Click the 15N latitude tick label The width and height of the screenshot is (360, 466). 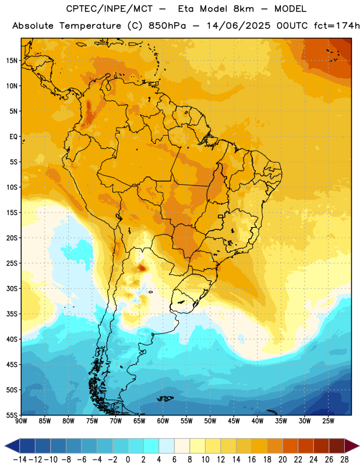[x=12, y=61]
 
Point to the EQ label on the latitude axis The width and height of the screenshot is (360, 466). [x=13, y=137]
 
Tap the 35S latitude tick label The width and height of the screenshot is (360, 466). [x=12, y=314]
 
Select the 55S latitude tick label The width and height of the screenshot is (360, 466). [x=12, y=415]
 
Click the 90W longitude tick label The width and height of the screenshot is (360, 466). [x=21, y=421]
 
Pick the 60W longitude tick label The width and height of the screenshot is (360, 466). [x=163, y=421]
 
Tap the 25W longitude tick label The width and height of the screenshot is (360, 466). [x=328, y=421]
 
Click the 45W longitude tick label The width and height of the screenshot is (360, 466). [x=234, y=421]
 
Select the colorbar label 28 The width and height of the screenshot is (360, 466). [x=344, y=460]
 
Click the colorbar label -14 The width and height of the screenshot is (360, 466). [x=20, y=460]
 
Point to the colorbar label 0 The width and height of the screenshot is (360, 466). [x=128, y=460]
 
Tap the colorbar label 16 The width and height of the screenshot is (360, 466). [x=252, y=460]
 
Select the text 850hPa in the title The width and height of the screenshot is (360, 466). [x=167, y=26]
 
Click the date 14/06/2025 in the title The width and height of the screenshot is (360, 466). [x=238, y=26]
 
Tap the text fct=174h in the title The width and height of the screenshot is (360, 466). [x=337, y=26]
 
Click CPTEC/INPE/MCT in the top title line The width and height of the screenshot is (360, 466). [x=109, y=9]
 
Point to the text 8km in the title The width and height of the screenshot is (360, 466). [x=243, y=9]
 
